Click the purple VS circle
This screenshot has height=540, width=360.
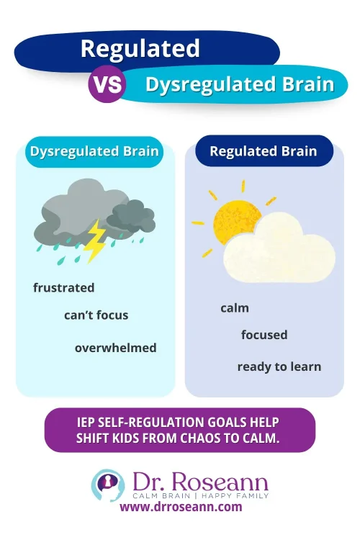click(x=107, y=85)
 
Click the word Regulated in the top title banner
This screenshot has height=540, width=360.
click(x=140, y=48)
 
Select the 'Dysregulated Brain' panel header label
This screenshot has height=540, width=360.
click(x=94, y=152)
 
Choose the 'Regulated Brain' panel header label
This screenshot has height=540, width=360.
click(x=263, y=151)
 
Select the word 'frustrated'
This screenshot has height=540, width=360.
click(x=63, y=287)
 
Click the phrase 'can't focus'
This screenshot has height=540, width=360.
click(x=96, y=315)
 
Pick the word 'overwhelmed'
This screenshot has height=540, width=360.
click(x=115, y=348)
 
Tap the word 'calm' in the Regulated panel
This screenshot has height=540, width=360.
click(x=235, y=308)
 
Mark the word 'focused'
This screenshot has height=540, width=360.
click(x=264, y=335)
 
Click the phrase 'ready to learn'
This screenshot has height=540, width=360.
click(x=279, y=366)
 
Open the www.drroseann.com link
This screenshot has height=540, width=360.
click(x=181, y=507)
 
